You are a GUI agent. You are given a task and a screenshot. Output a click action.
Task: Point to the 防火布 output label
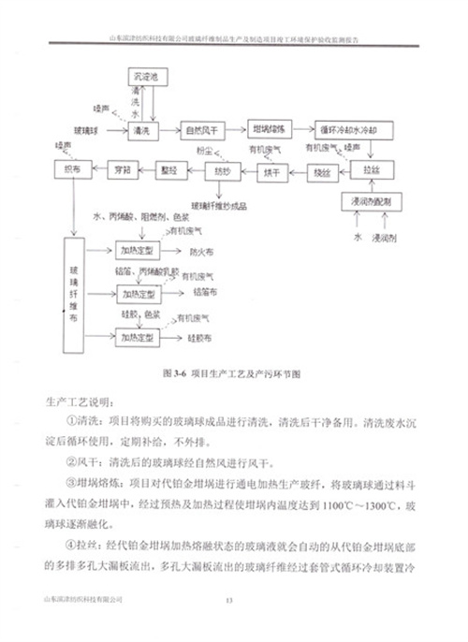tap(199, 252)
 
